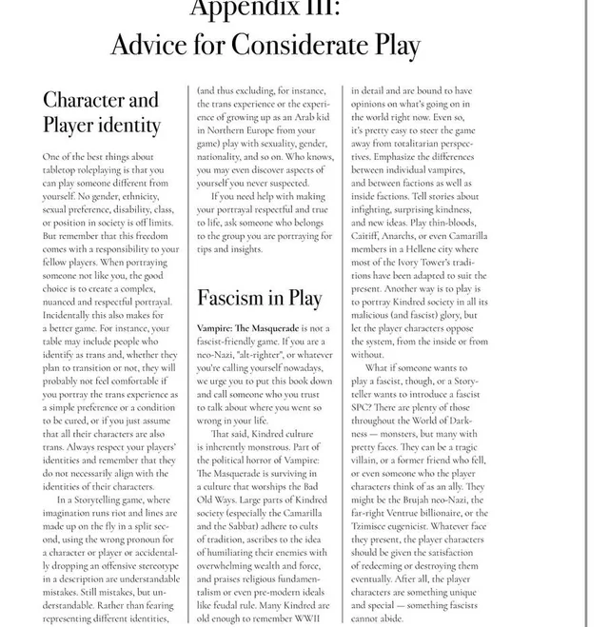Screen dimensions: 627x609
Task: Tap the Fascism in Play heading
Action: click(259, 298)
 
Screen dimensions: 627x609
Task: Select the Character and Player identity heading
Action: click(101, 112)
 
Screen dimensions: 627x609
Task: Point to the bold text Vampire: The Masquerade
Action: click(250, 327)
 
